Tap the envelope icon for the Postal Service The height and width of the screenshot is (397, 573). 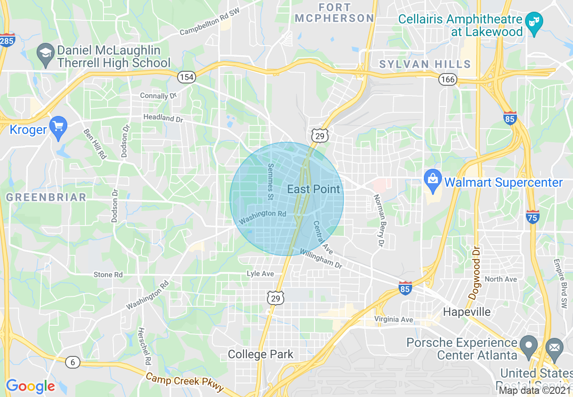554,347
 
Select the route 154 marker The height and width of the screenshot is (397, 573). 186,77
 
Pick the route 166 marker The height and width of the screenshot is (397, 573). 448,80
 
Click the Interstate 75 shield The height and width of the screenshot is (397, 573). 533,217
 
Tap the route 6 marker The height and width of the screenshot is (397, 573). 72,362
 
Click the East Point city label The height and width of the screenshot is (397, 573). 314,189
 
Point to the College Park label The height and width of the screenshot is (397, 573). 261,355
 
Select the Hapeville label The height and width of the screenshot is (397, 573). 467,312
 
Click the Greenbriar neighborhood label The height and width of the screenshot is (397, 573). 46,197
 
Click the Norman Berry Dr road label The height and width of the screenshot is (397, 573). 378,221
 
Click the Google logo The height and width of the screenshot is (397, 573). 30,386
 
